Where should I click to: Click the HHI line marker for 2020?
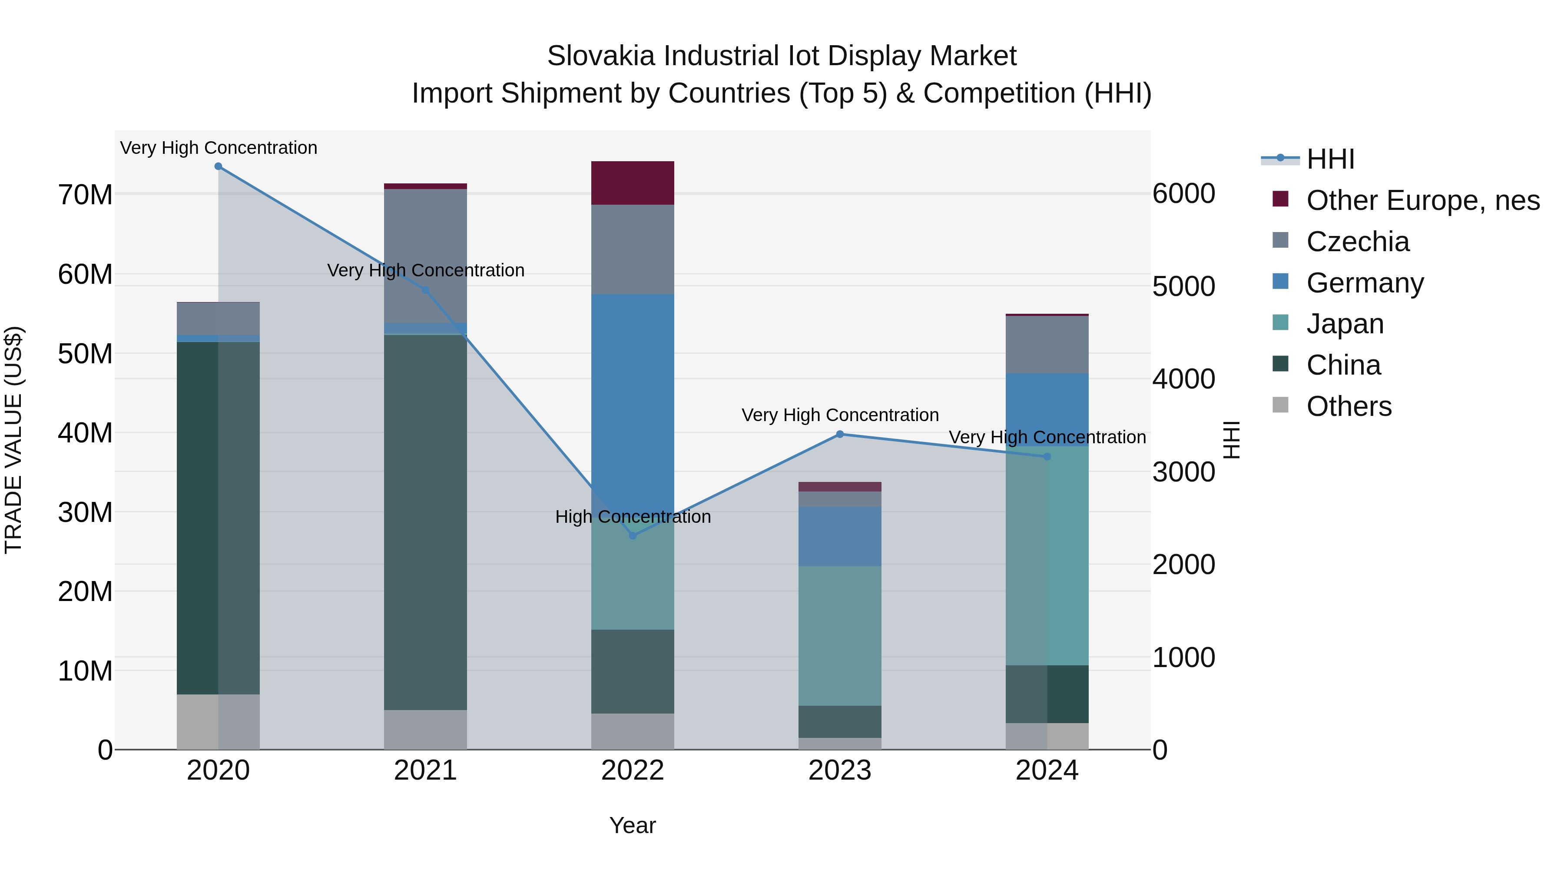219,166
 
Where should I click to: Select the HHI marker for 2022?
633,536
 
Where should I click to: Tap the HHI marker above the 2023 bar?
840,434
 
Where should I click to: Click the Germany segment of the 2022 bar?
633,395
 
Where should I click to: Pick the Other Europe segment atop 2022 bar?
633,183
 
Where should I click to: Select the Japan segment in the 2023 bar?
840,635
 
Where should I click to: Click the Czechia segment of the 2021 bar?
426,255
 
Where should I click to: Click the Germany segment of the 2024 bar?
1047,409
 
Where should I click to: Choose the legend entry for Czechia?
1358,242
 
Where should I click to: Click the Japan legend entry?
1345,324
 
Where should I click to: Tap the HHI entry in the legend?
1330,159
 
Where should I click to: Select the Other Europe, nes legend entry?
1422,200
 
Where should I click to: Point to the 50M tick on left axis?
85,353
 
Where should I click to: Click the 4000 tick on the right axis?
1183,379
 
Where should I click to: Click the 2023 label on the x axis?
840,770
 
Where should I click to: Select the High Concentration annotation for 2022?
633,517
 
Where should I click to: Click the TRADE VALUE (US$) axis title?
13,440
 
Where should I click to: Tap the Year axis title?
633,825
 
